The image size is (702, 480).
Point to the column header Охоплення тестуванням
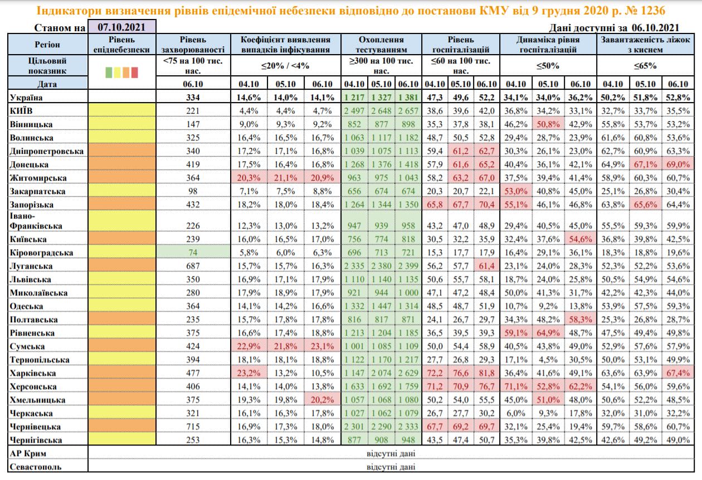tap(381, 45)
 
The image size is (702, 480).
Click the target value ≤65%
tap(646, 65)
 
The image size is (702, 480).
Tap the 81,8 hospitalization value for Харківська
tap(487, 373)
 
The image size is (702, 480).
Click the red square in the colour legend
tap(134, 72)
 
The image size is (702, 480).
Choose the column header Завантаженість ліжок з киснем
tap(646, 45)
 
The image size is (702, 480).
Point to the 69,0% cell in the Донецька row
tap(677, 164)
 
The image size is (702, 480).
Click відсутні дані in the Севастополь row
tap(391, 467)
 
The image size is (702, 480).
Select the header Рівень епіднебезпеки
tap(121, 45)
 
